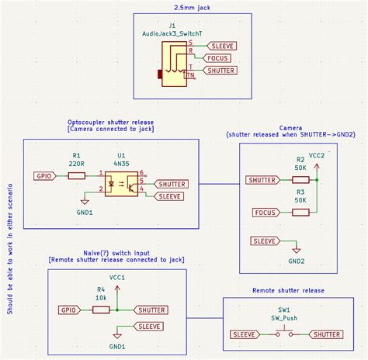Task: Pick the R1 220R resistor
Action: point(77,176)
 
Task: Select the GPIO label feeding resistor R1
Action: point(44,176)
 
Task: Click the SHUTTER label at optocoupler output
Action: point(172,184)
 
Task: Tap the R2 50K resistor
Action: point(299,180)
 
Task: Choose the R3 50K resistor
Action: point(299,212)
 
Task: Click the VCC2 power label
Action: point(318,155)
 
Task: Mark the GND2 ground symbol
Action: point(297,255)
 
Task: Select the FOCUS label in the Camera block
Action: point(266,212)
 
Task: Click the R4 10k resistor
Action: point(101,310)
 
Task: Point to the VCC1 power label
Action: point(117,277)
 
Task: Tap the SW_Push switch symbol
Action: point(284,334)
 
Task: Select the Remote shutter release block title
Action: point(288,290)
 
